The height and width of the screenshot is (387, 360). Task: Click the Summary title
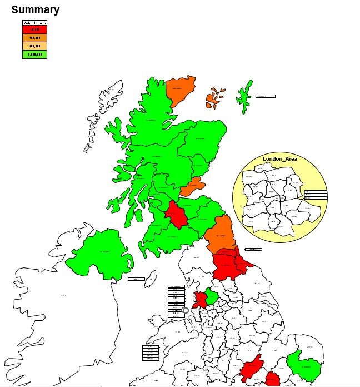(35, 10)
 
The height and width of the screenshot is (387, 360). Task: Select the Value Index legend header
(34, 23)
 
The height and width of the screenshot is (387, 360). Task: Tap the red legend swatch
(34, 29)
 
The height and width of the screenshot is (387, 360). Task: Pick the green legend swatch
(34, 54)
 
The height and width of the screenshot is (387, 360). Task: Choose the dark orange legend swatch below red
(34, 37)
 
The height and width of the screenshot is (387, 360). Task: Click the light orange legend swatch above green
(34, 46)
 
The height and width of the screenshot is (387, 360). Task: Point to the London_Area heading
(279, 159)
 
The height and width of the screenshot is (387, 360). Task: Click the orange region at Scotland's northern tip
(180, 90)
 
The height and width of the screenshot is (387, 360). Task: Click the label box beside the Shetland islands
(265, 96)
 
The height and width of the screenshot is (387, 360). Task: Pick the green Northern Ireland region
(100, 253)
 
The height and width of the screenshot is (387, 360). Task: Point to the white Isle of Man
(150, 278)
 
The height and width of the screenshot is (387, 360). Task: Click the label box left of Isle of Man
(136, 279)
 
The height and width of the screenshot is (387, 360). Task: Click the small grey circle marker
(185, 310)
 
